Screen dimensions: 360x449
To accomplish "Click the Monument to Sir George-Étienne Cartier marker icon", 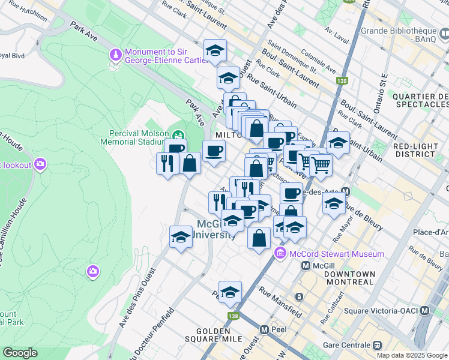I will (x=115, y=55).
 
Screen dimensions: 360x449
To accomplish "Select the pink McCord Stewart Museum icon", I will (x=280, y=254).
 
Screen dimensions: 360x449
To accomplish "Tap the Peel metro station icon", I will (x=264, y=330).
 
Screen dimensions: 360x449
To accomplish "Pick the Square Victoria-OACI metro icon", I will (x=425, y=311).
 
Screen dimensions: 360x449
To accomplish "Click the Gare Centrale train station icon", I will (x=378, y=346).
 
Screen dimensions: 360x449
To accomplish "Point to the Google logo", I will (x=20, y=353).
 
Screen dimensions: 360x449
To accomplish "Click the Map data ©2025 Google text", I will (x=412, y=355).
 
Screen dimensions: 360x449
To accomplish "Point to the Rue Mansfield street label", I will (x=280, y=301).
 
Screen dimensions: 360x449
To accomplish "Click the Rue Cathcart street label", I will (x=336, y=305).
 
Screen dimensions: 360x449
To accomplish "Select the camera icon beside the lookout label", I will (x=40, y=163).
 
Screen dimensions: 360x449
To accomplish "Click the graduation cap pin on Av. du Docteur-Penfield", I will (x=181, y=238).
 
